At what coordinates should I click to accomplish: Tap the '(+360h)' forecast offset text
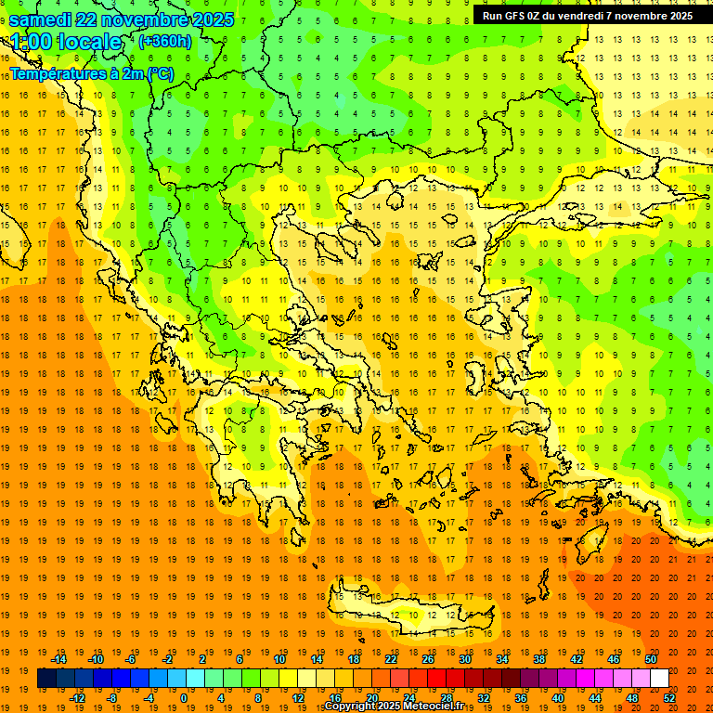(164, 41)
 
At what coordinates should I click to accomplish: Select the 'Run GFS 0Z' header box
(587, 16)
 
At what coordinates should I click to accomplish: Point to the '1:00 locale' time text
(66, 42)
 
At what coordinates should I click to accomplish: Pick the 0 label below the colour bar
(183, 698)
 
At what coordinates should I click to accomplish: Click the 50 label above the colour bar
(650, 659)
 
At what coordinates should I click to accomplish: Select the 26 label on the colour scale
(428, 659)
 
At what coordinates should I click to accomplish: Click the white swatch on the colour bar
(659, 679)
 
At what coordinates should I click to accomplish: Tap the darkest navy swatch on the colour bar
(46, 679)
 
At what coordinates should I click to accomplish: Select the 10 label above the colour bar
(279, 659)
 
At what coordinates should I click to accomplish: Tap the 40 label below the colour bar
(558, 698)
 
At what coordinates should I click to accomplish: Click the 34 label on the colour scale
(502, 659)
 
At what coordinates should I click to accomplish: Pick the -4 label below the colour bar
(148, 698)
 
